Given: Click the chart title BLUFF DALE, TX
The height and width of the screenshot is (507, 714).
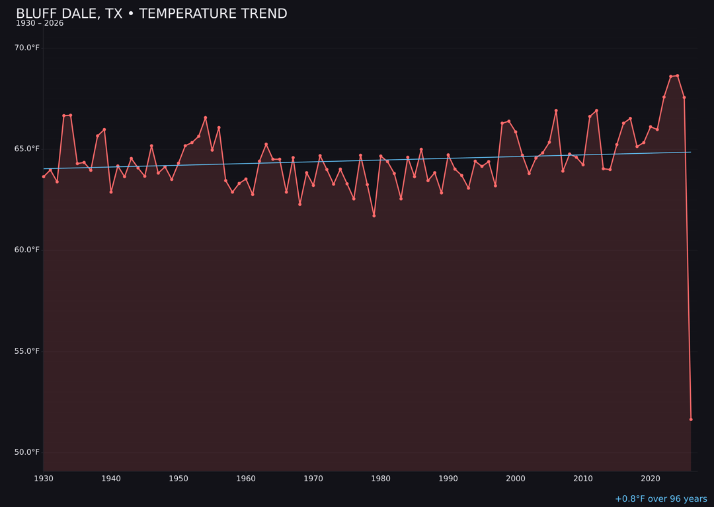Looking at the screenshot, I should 151,14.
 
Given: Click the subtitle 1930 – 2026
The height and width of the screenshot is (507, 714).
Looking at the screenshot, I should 40,24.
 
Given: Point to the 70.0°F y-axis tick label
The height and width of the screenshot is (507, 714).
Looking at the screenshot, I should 27,48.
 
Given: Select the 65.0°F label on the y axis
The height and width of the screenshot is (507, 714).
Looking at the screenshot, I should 27,149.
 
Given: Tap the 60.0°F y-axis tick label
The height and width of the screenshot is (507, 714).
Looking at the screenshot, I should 27,250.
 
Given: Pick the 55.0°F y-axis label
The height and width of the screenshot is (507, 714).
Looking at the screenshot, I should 27,351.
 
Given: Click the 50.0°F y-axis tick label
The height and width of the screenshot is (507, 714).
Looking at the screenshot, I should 27,452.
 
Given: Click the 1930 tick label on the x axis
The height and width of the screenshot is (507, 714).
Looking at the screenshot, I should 44,478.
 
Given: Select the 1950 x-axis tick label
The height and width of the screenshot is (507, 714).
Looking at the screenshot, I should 178,478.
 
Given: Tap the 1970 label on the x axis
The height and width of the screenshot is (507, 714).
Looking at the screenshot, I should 313,478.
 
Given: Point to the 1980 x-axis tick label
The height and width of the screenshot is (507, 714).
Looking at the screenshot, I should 381,478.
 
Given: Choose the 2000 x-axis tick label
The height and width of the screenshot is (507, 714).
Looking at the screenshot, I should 516,478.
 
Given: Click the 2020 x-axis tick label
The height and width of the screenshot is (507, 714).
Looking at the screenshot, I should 651,478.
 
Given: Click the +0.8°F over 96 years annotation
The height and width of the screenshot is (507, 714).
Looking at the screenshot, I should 660,499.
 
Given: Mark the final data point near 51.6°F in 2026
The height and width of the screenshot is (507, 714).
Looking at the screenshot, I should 691,419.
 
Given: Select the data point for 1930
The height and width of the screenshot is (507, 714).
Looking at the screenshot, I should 44,176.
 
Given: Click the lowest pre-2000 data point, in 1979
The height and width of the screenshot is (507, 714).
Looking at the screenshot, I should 374,216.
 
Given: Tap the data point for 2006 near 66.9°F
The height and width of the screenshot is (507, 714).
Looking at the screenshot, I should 556,111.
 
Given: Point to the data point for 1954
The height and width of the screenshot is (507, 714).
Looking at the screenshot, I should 206,118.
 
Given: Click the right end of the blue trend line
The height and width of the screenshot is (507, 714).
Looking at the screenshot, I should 690,152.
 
